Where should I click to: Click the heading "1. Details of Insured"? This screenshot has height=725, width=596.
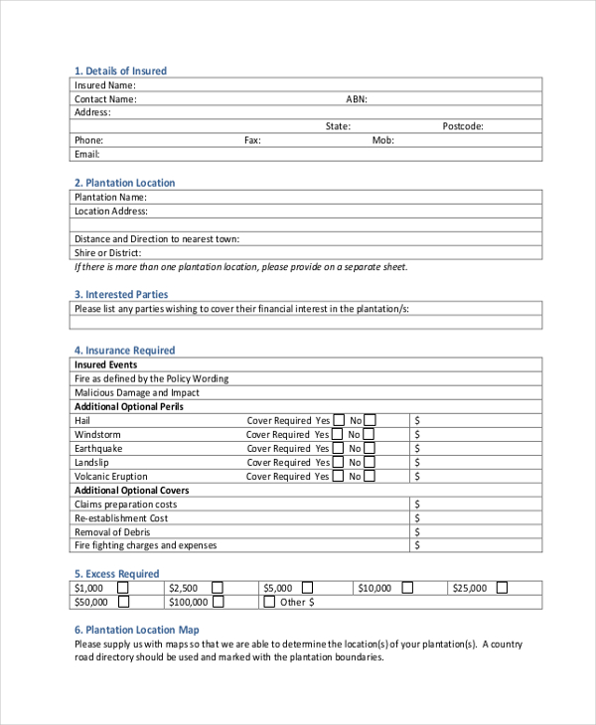[120, 71]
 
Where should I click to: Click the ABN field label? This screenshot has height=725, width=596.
[357, 99]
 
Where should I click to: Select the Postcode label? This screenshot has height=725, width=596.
[463, 126]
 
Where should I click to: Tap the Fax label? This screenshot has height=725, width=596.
[252, 141]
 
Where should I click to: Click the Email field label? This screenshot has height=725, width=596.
[87, 155]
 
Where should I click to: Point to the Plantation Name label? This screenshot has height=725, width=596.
[110, 197]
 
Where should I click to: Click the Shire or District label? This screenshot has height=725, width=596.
[107, 253]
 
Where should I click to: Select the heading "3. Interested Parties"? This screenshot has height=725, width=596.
[120, 294]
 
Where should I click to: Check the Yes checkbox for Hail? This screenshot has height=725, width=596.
[339, 420]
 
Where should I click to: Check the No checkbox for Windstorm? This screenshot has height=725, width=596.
[369, 434]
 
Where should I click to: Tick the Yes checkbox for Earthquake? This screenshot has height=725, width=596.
[339, 448]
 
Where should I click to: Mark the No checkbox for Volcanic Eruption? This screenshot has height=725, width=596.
[369, 476]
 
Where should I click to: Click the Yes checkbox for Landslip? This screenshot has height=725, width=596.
[339, 462]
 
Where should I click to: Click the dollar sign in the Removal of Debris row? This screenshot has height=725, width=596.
[418, 531]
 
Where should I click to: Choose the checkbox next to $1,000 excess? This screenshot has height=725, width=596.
[124, 588]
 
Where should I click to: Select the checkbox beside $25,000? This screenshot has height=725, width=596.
[502, 588]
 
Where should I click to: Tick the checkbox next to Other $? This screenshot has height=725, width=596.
[269, 602]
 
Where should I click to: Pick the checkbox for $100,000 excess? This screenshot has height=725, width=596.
[219, 602]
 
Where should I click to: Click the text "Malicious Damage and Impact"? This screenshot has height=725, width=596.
[137, 392]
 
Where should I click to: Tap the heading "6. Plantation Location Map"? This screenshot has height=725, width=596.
[137, 630]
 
